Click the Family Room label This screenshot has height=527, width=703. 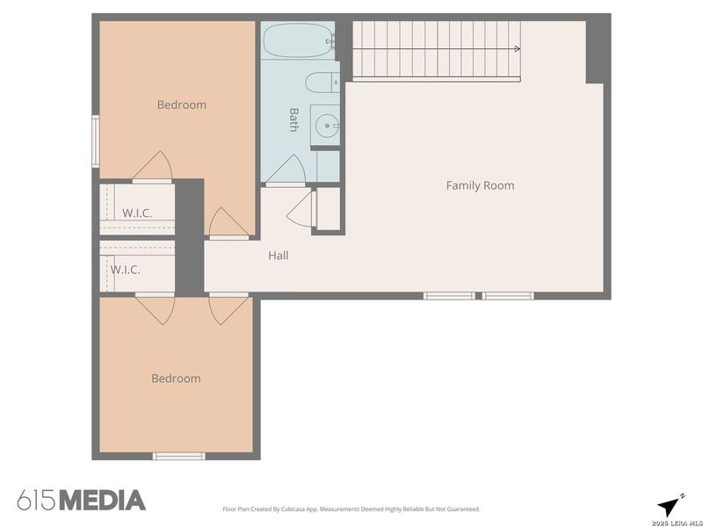[x=480, y=185]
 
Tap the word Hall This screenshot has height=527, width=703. [x=278, y=256]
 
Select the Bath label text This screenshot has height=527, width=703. [x=294, y=119]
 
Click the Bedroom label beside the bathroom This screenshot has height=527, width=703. [x=181, y=105]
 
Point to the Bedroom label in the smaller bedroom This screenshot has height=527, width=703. [x=176, y=379]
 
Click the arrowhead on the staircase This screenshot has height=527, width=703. [x=517, y=48]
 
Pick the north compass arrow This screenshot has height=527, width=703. [x=670, y=504]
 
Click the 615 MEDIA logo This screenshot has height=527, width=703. [x=81, y=501]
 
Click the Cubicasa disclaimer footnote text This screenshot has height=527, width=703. [x=350, y=509]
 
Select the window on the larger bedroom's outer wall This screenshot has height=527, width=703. [x=96, y=141]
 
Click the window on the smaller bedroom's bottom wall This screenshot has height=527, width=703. [x=178, y=456]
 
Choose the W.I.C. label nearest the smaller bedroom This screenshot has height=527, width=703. [x=125, y=270]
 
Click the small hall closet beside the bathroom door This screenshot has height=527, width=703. [x=327, y=209]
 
